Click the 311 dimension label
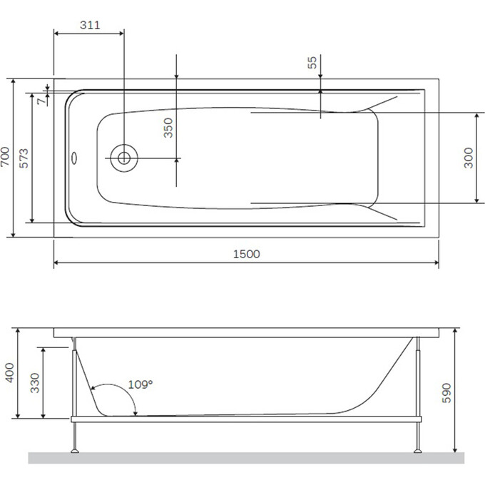[x=89, y=25]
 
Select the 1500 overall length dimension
[x=246, y=254]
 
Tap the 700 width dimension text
[x=6, y=157]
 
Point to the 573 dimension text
[x=24, y=158]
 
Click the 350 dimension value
[x=168, y=128]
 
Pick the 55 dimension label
[x=312, y=62]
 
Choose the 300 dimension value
[x=469, y=158]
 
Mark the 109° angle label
[x=141, y=384]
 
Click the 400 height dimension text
[x=9, y=373]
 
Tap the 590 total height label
[x=447, y=393]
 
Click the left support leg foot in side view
[x=75, y=449]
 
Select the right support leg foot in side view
[x=417, y=449]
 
